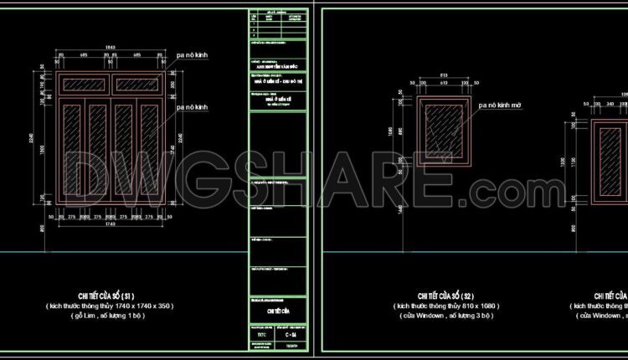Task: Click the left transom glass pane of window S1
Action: [84, 85]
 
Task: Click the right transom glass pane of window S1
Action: [137, 85]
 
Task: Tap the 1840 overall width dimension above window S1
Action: [111, 45]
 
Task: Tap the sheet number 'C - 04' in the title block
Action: [291, 335]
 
